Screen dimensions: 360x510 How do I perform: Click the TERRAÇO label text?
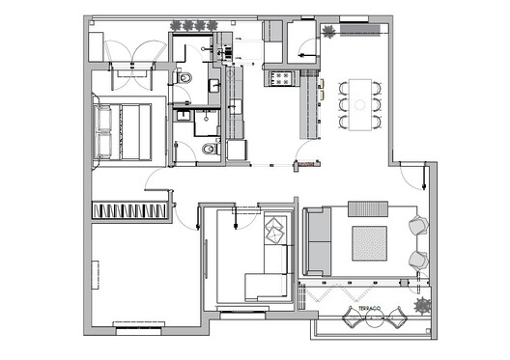(x=372, y=311)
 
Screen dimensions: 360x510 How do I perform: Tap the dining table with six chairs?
(x=362, y=103)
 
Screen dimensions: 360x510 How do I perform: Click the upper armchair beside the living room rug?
(x=419, y=227)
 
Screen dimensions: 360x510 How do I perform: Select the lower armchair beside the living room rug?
(x=419, y=259)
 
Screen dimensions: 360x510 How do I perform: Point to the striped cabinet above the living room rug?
(x=367, y=208)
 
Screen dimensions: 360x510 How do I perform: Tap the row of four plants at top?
(x=193, y=25)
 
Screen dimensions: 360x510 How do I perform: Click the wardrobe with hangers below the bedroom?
(x=131, y=210)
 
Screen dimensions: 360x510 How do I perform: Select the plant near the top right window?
(x=329, y=33)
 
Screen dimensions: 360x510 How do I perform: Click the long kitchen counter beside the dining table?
(x=310, y=109)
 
